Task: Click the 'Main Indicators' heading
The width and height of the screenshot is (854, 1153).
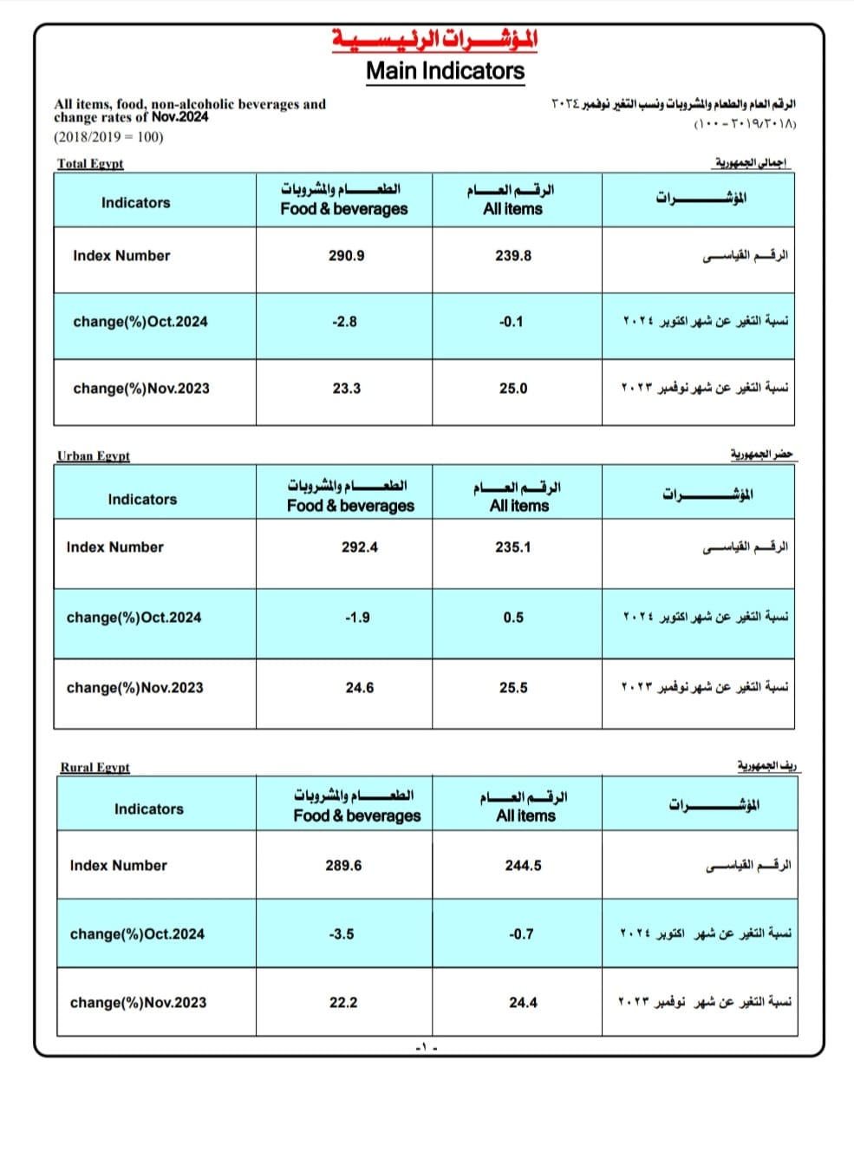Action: (445, 71)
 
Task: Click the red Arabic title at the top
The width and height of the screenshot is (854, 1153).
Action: (434, 39)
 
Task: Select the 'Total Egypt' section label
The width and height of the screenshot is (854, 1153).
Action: (90, 163)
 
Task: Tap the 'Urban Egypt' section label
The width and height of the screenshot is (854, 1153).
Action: (94, 455)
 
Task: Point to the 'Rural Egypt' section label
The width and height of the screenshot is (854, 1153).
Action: (95, 767)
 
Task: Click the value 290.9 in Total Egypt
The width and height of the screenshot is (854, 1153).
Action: (346, 256)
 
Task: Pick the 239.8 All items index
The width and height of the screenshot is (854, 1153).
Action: (513, 256)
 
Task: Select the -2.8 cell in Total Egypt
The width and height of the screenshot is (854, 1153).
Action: (344, 322)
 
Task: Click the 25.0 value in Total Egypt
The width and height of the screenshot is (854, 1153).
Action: (513, 389)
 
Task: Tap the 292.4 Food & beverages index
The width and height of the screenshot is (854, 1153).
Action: (360, 547)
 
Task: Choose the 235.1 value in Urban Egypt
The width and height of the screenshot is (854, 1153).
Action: (513, 547)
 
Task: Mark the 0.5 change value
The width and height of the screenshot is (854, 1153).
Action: (513, 618)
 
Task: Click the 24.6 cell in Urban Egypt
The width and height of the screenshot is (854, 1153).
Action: (360, 688)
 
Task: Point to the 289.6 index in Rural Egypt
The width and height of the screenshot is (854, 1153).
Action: (343, 866)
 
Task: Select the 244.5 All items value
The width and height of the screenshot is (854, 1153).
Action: (524, 866)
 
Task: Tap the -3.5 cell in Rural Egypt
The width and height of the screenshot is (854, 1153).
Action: (342, 934)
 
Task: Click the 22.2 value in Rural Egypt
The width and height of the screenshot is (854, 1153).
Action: (343, 1003)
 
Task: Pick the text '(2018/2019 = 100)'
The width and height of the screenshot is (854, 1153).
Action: (108, 137)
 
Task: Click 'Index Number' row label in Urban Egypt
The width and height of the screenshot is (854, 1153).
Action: (114, 547)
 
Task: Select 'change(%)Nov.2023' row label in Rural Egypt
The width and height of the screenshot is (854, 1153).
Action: (138, 1003)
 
